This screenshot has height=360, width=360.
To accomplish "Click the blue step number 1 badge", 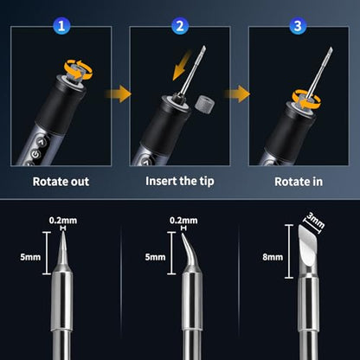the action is coord(61,26).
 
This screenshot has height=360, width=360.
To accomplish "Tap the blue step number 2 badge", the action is coord(180,26).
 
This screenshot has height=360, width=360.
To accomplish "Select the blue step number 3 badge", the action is coord(298,26).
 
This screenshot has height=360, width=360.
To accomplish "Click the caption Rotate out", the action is coord(61,182).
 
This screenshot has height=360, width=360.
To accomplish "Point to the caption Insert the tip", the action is coord(180,182).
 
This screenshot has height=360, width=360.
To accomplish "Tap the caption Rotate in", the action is coord(299,182).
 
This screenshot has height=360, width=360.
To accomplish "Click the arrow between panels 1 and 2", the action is coord(119,93).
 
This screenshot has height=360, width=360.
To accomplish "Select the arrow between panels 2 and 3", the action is coord(237,93).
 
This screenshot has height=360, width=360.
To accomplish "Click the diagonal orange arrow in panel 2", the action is coord(182,66).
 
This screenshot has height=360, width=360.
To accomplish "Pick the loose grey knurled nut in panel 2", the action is coord(204,104).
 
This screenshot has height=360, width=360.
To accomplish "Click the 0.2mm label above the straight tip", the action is coord(63,221).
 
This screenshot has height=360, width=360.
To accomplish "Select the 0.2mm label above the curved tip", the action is coord(183,221).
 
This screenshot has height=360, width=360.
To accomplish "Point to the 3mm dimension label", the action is coord(315,221).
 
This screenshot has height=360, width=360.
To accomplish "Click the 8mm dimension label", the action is coord(273,257).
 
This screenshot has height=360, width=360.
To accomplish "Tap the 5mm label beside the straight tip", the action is coord(30,257).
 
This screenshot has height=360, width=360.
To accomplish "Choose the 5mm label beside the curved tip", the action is coord(155,257).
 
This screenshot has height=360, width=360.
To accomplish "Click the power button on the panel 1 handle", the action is coord(35,155).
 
